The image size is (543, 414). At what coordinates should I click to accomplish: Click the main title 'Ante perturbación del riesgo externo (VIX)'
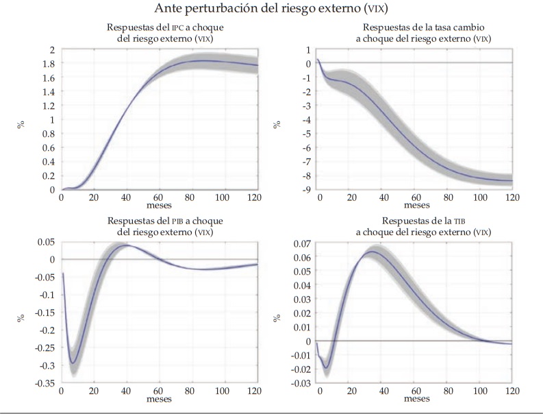pyautogui.click(x=271, y=10)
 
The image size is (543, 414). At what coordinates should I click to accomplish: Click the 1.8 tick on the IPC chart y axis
pyautogui.click(x=48, y=64)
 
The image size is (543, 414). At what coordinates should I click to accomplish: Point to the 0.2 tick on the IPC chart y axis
pyautogui.click(x=48, y=175)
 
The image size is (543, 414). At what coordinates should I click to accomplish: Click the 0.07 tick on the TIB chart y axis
pyautogui.click(x=301, y=243)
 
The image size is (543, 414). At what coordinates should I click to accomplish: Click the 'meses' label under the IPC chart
pyautogui.click(x=160, y=204)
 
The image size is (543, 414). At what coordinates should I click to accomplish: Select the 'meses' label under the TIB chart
pyautogui.click(x=416, y=398)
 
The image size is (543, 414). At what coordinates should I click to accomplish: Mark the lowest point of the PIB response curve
pyautogui.click(x=73, y=363)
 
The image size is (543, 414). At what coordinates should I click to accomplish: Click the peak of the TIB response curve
pyautogui.click(x=371, y=252)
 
